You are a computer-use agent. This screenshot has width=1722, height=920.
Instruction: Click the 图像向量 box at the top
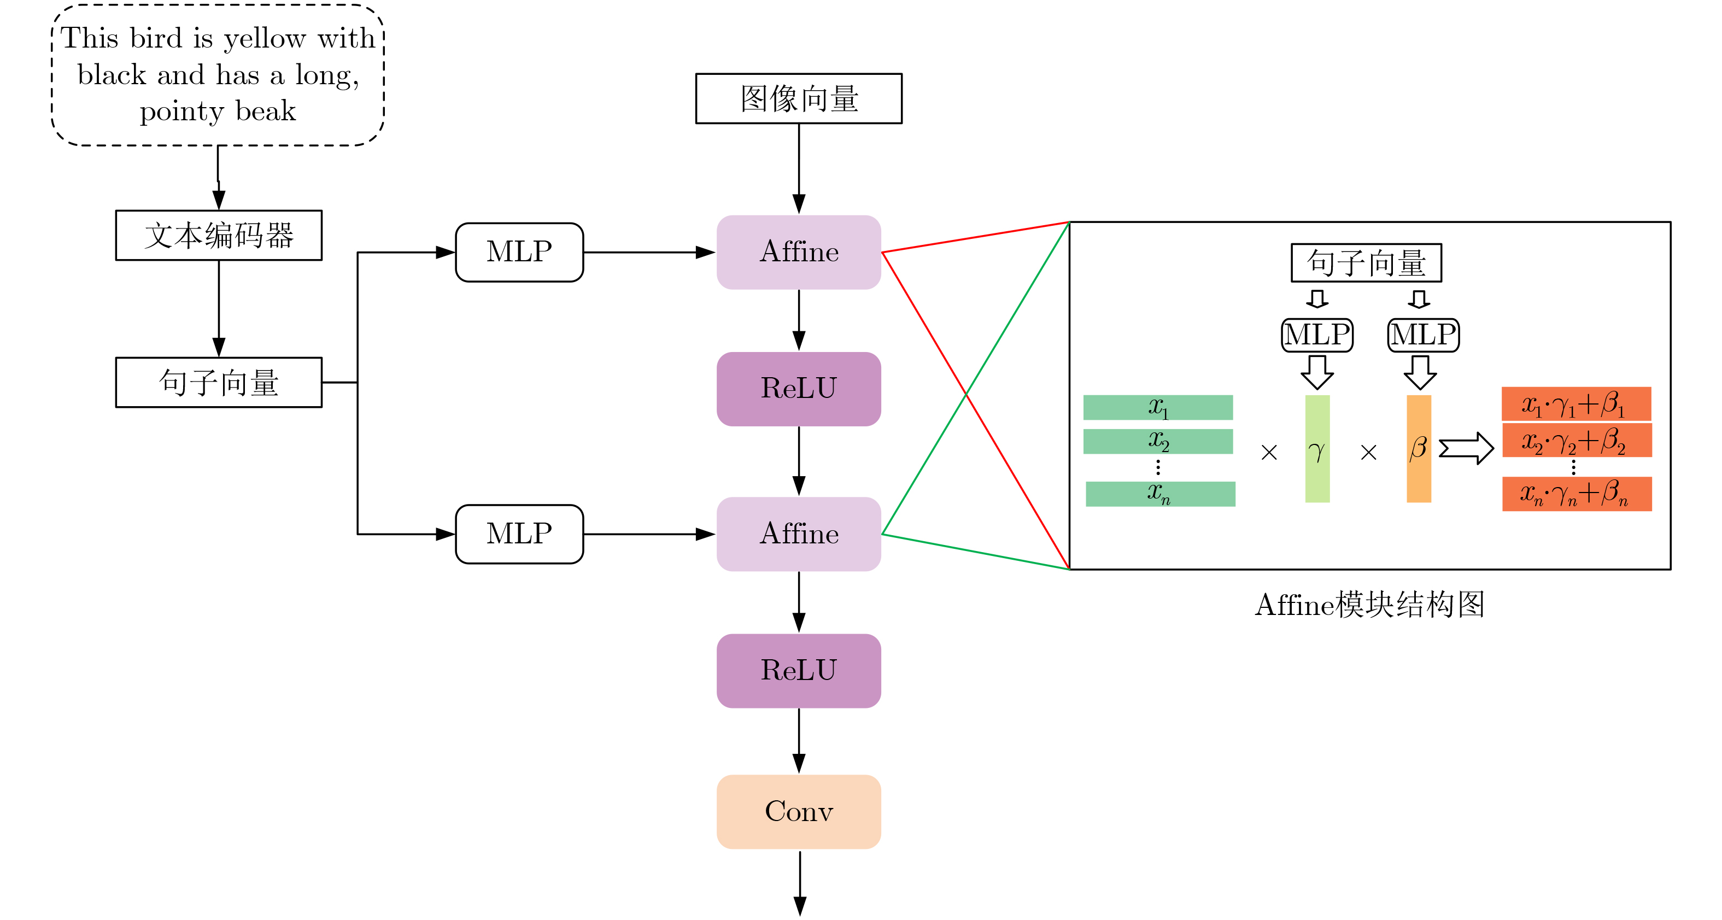pos(798,99)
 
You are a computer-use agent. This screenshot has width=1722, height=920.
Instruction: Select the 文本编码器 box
pos(219,236)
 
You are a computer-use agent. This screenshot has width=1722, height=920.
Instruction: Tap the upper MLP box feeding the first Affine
pos(519,252)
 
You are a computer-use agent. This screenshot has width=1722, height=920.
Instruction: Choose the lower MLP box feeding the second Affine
pos(519,534)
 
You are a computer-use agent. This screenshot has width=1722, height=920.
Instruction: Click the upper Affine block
pos(798,252)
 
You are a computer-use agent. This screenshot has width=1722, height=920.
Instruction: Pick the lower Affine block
pos(798,534)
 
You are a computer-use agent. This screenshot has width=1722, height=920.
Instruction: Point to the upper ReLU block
pos(798,389)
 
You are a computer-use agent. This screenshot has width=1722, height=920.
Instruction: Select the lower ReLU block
pos(798,671)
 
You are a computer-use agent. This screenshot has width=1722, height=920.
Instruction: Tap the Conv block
pos(798,812)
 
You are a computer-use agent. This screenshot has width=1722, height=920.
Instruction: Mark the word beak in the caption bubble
pos(265,111)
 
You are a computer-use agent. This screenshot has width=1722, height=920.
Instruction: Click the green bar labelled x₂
pos(1158,442)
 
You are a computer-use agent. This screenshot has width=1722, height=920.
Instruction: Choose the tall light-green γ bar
pos(1317,449)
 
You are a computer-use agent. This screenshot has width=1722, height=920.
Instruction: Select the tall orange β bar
pos(1419,449)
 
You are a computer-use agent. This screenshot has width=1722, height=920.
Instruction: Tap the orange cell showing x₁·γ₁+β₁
pos(1576,404)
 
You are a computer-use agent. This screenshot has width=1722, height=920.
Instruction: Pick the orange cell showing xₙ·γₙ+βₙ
pos(1576,494)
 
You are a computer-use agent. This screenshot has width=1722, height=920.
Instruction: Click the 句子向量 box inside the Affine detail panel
pos(1366,263)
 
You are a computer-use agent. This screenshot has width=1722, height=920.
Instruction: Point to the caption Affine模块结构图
pos(1369,605)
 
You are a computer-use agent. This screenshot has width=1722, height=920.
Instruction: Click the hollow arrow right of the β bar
pos(1465,449)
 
